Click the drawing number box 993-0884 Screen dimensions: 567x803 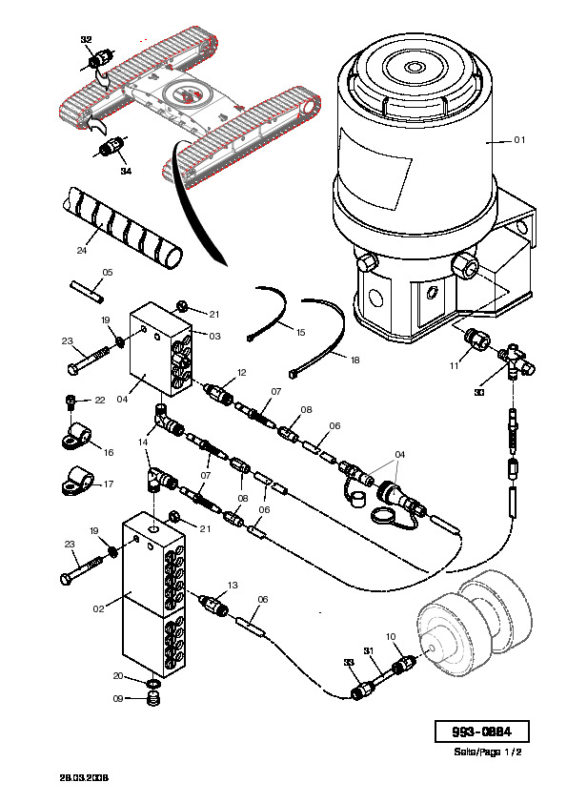[481, 731]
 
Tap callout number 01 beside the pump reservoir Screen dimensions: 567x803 [519, 140]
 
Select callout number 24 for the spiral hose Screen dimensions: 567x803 [82, 250]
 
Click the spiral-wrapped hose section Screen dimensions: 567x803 [123, 226]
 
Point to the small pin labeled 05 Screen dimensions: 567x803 [87, 290]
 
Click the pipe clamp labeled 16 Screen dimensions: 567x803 [77, 435]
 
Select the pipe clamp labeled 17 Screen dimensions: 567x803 [77, 481]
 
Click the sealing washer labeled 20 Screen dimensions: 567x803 [154, 684]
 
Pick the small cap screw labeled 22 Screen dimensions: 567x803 [71, 401]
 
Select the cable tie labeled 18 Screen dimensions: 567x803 [319, 335]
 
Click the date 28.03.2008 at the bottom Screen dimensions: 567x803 [84, 778]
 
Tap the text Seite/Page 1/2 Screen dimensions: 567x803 [488, 752]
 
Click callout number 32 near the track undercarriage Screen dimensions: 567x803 [86, 39]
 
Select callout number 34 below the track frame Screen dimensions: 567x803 [126, 171]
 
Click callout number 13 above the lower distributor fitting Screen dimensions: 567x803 [233, 585]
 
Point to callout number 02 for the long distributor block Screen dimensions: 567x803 [98, 608]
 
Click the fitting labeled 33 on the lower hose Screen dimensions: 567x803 [361, 690]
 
